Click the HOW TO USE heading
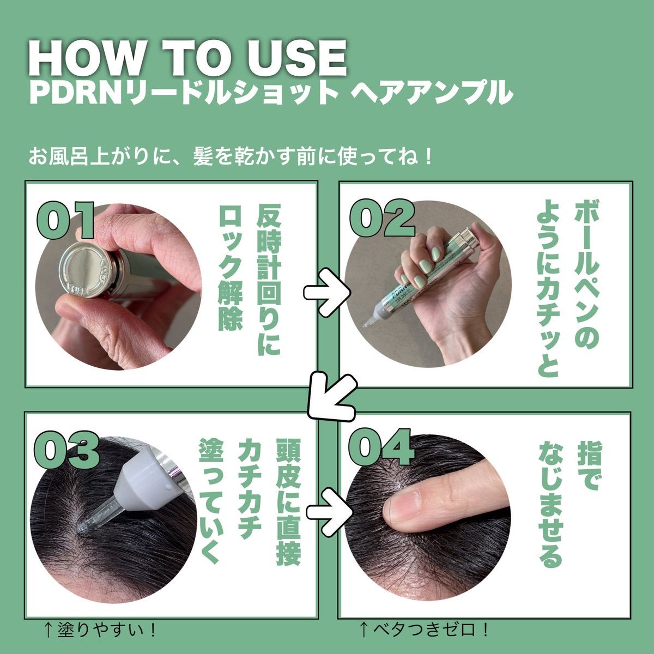click(x=187, y=59)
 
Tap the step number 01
click(x=65, y=221)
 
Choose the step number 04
click(x=381, y=447)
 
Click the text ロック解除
click(x=231, y=268)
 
